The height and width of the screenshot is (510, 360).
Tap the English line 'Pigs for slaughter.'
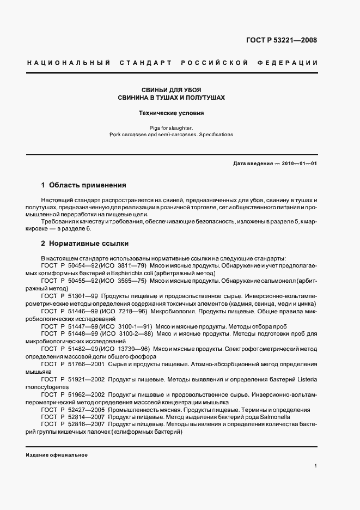click(x=172, y=127)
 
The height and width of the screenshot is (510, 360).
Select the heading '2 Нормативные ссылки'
click(x=85, y=244)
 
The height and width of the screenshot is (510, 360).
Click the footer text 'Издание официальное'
click(x=57, y=455)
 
